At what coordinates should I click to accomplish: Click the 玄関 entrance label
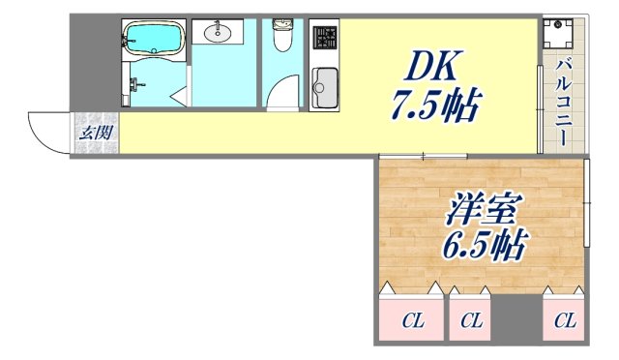click(96, 133)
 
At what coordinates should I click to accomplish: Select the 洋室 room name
click(484, 208)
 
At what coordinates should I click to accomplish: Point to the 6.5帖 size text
click(485, 247)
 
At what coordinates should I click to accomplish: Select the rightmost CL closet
click(566, 319)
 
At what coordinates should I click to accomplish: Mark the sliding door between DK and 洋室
click(423, 156)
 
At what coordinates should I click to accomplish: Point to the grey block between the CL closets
click(518, 319)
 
